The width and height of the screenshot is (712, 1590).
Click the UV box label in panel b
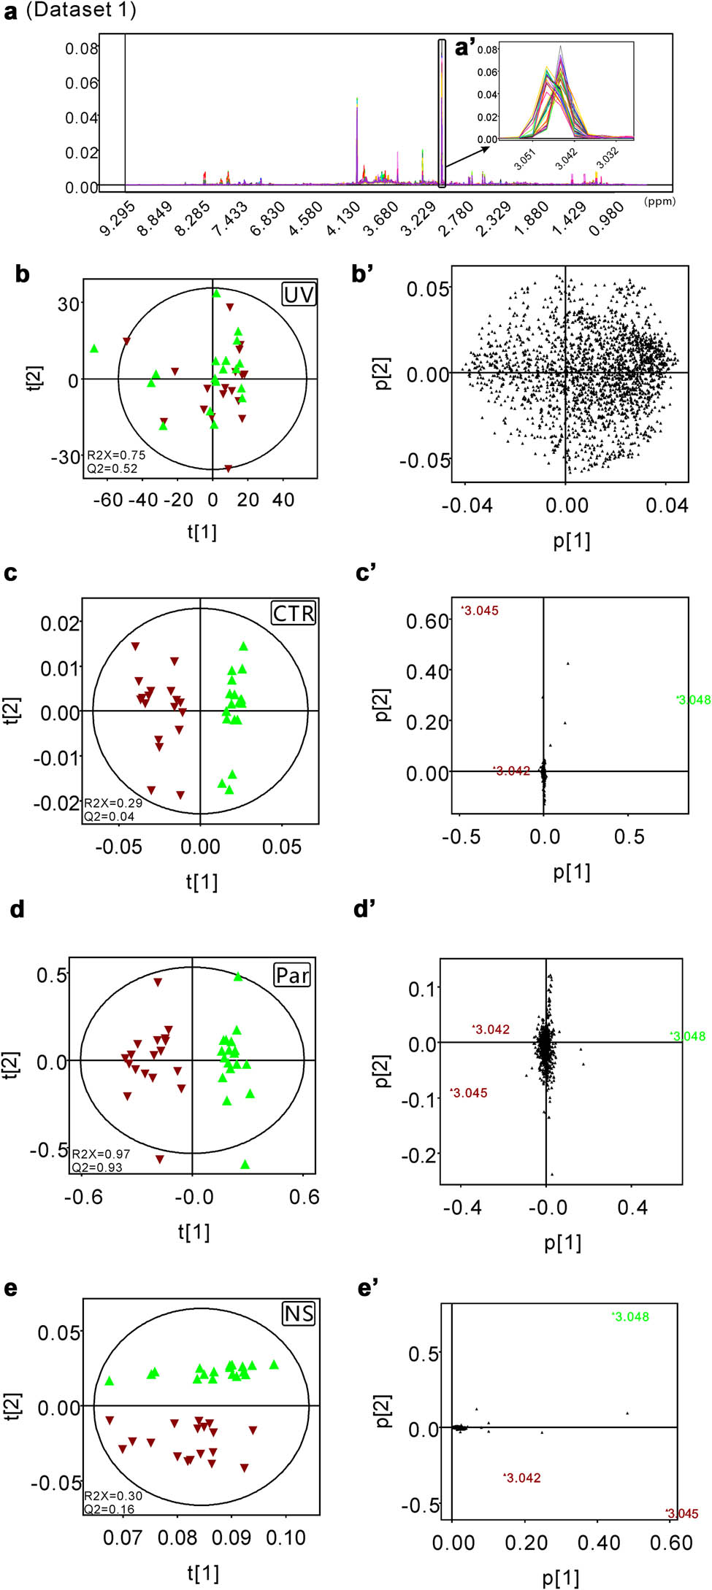(299, 295)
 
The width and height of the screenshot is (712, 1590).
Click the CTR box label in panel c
(294, 613)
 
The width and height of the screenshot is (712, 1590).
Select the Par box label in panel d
(292, 975)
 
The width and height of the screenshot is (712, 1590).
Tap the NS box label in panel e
(299, 1314)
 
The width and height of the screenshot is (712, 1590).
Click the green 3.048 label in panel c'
(694, 700)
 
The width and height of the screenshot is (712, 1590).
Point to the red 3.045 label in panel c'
(481, 611)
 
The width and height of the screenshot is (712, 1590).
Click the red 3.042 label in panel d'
(491, 1030)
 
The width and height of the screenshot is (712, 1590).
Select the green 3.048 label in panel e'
(631, 1317)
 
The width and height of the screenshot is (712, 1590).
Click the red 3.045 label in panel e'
(682, 1514)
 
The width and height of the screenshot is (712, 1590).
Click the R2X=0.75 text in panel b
(116, 455)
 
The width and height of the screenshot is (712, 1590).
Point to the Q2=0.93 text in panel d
(96, 1168)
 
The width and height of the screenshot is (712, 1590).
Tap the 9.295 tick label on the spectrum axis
(118, 218)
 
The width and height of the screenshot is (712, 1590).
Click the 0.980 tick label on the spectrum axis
(606, 218)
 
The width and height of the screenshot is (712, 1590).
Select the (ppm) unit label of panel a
(659, 201)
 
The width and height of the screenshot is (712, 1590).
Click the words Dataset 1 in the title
(81, 11)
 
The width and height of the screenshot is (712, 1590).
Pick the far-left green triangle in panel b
(94, 349)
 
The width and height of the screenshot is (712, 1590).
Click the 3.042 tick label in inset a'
(566, 158)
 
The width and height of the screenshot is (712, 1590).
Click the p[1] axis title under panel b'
(571, 541)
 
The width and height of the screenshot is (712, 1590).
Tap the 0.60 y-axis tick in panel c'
(428, 621)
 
